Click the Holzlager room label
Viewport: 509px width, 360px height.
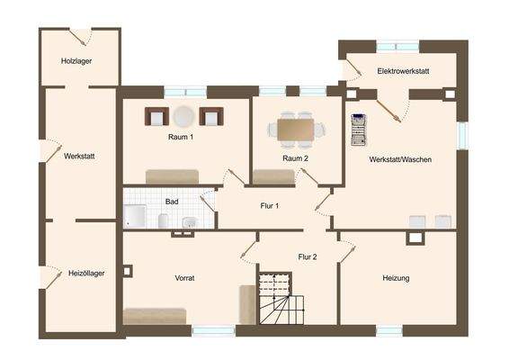76,61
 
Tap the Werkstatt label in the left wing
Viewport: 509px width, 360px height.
79,157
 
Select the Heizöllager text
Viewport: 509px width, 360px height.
86,273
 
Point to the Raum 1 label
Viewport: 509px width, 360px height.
181,137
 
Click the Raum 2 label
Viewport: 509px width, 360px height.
295,158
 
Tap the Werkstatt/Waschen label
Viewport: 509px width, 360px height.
400,159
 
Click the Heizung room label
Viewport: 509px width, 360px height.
396,278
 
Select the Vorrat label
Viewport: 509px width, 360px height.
184,278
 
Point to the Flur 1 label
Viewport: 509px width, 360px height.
270,206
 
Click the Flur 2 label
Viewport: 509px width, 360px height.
308,257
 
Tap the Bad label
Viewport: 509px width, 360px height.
171,202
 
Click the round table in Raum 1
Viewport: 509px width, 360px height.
184,116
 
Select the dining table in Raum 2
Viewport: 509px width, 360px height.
295,130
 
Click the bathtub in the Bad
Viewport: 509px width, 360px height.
136,216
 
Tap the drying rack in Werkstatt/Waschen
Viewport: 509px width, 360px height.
361,131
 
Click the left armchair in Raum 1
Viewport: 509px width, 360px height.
156,116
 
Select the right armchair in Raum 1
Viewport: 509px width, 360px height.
211,116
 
